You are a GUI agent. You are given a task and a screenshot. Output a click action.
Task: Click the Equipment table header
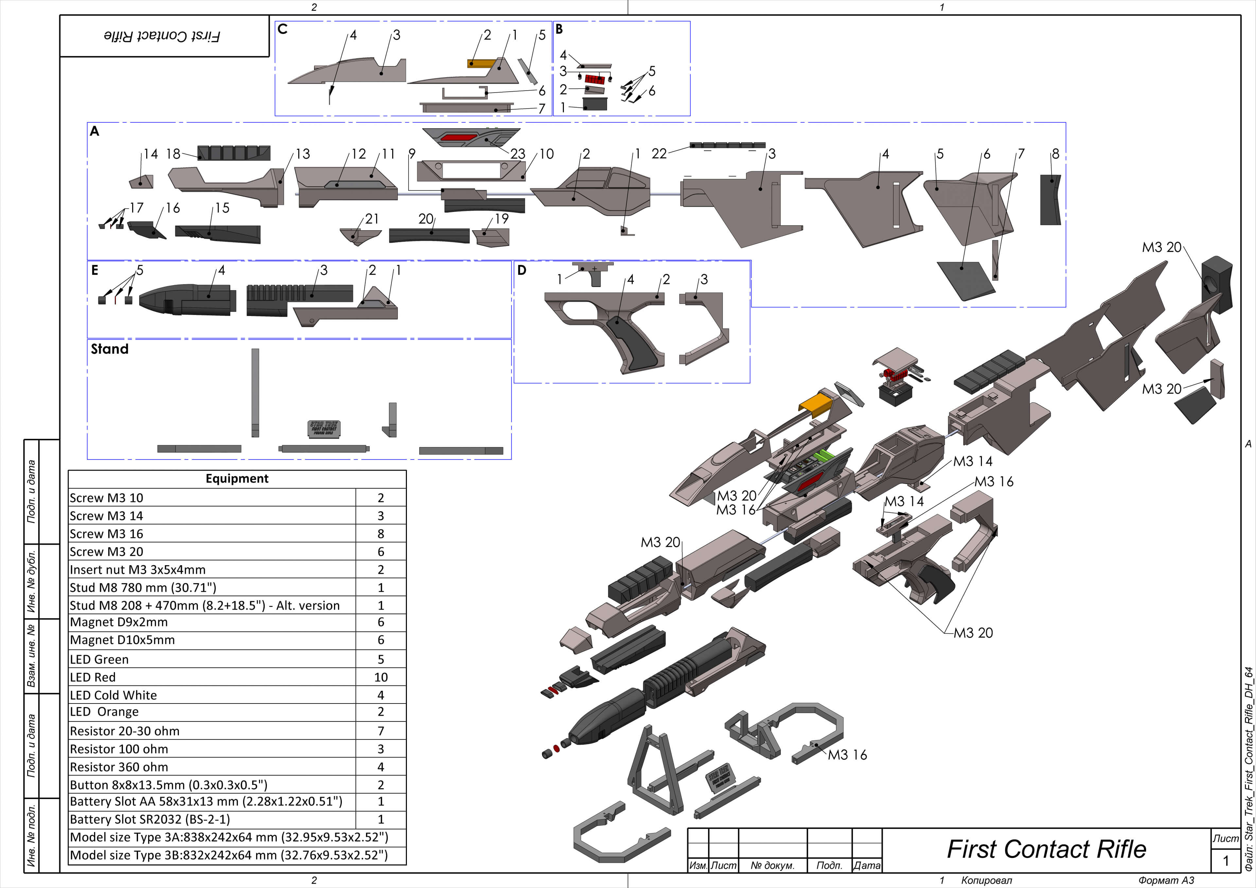(237, 479)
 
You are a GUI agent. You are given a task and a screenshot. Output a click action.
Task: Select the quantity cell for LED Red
(381, 677)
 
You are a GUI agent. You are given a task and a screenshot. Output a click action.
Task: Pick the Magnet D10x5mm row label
(122, 640)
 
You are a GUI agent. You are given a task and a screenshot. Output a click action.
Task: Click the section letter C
(282, 29)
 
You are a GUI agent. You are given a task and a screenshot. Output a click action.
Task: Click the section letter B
(559, 29)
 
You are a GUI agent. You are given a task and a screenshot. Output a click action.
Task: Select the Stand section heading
(109, 349)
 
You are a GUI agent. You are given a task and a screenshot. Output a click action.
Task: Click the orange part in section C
(480, 63)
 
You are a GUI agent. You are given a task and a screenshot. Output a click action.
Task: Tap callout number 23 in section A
(517, 154)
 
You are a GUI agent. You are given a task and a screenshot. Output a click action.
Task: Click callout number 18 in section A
(173, 154)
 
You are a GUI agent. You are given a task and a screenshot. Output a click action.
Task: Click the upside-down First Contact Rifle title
(163, 36)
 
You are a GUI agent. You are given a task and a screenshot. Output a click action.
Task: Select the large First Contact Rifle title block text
(1046, 850)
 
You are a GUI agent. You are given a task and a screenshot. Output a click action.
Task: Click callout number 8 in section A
(1055, 154)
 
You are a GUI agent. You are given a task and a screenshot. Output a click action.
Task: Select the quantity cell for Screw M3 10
(381, 498)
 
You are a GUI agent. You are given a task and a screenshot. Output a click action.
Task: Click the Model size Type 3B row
(229, 855)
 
